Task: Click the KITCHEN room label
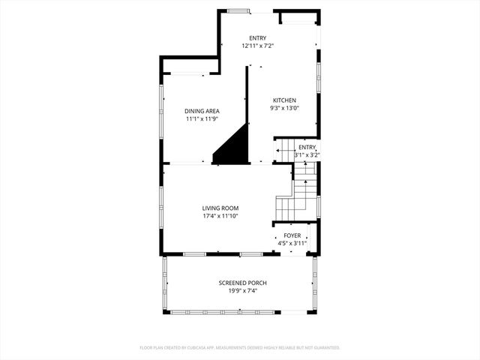coord(284,100)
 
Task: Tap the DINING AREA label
coord(202,112)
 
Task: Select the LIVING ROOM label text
coord(220,208)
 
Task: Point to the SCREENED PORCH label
coord(242,283)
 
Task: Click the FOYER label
coord(292,235)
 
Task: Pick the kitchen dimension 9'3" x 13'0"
coord(284,108)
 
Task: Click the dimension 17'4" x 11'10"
coord(220,216)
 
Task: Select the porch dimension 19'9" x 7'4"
coord(242,290)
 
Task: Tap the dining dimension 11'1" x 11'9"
coord(202,119)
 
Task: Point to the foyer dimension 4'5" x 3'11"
coord(292,243)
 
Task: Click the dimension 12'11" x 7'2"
coord(257,46)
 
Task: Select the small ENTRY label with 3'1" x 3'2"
coord(307,148)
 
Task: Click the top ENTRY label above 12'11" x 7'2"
coord(257,38)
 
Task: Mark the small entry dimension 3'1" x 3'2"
coord(307,155)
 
